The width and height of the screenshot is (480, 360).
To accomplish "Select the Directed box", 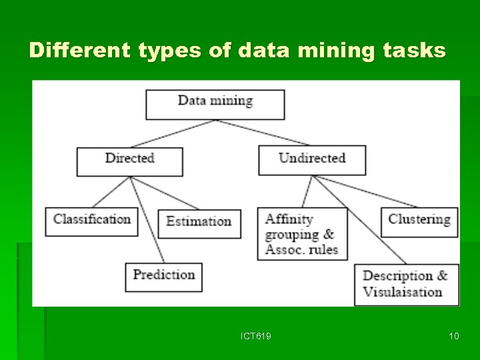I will coord(129,161).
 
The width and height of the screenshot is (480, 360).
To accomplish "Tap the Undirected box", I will coord(312,161).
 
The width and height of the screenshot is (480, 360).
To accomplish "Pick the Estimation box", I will coord(199,223).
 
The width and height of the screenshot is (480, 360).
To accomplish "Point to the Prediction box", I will coord(163,277).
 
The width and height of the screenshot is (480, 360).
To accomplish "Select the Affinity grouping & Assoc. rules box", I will coord(302,234).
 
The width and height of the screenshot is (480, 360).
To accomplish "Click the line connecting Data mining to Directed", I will coord(173,133).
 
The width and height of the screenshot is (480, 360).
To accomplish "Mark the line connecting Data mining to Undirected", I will coord(263,133).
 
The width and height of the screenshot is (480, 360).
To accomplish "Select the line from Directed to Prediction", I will coord(147,219).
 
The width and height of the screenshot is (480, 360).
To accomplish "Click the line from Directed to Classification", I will coord(111,192).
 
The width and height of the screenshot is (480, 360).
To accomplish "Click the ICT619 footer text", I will coord(256,336).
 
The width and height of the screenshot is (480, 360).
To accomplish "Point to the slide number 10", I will coord(453,336).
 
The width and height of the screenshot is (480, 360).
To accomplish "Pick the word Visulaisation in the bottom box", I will coord(402,293).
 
